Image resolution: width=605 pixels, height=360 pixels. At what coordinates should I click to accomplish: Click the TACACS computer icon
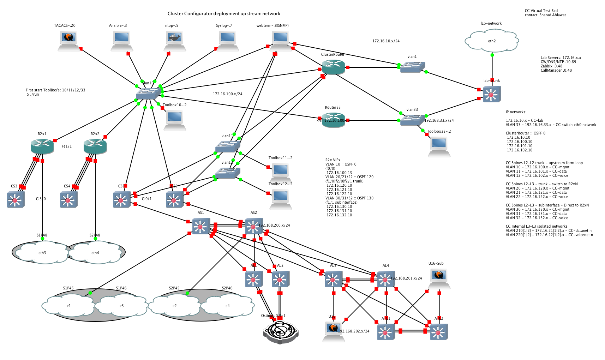69,40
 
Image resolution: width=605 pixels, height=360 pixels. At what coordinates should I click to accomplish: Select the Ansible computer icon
122,40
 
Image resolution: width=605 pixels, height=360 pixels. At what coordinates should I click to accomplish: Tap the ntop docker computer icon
175,40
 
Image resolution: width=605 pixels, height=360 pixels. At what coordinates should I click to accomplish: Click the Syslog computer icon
228,40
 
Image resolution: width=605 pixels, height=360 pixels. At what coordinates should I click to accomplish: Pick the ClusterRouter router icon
333,67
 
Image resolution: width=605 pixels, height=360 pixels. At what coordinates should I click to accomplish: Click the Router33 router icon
333,120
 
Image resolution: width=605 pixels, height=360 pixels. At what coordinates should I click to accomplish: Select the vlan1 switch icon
412,67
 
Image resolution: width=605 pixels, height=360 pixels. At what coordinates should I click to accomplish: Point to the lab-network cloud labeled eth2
492,40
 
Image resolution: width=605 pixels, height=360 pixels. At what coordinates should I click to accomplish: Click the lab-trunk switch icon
492,94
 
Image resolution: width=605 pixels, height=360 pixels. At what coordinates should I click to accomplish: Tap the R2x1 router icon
42,146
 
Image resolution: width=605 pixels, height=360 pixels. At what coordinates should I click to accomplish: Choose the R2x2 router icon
95,146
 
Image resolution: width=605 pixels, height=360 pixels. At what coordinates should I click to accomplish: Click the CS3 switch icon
16,200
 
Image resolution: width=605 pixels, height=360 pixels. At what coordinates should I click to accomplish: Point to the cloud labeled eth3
42,252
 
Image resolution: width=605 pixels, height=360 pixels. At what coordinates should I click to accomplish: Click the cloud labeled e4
227,305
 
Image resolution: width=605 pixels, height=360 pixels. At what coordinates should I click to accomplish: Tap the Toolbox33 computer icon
439,146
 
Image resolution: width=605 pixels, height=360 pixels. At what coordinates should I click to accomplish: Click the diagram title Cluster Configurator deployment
224,14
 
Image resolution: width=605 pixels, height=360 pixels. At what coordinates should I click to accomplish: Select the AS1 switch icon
201,226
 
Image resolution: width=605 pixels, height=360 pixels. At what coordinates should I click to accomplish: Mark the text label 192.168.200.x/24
274,225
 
